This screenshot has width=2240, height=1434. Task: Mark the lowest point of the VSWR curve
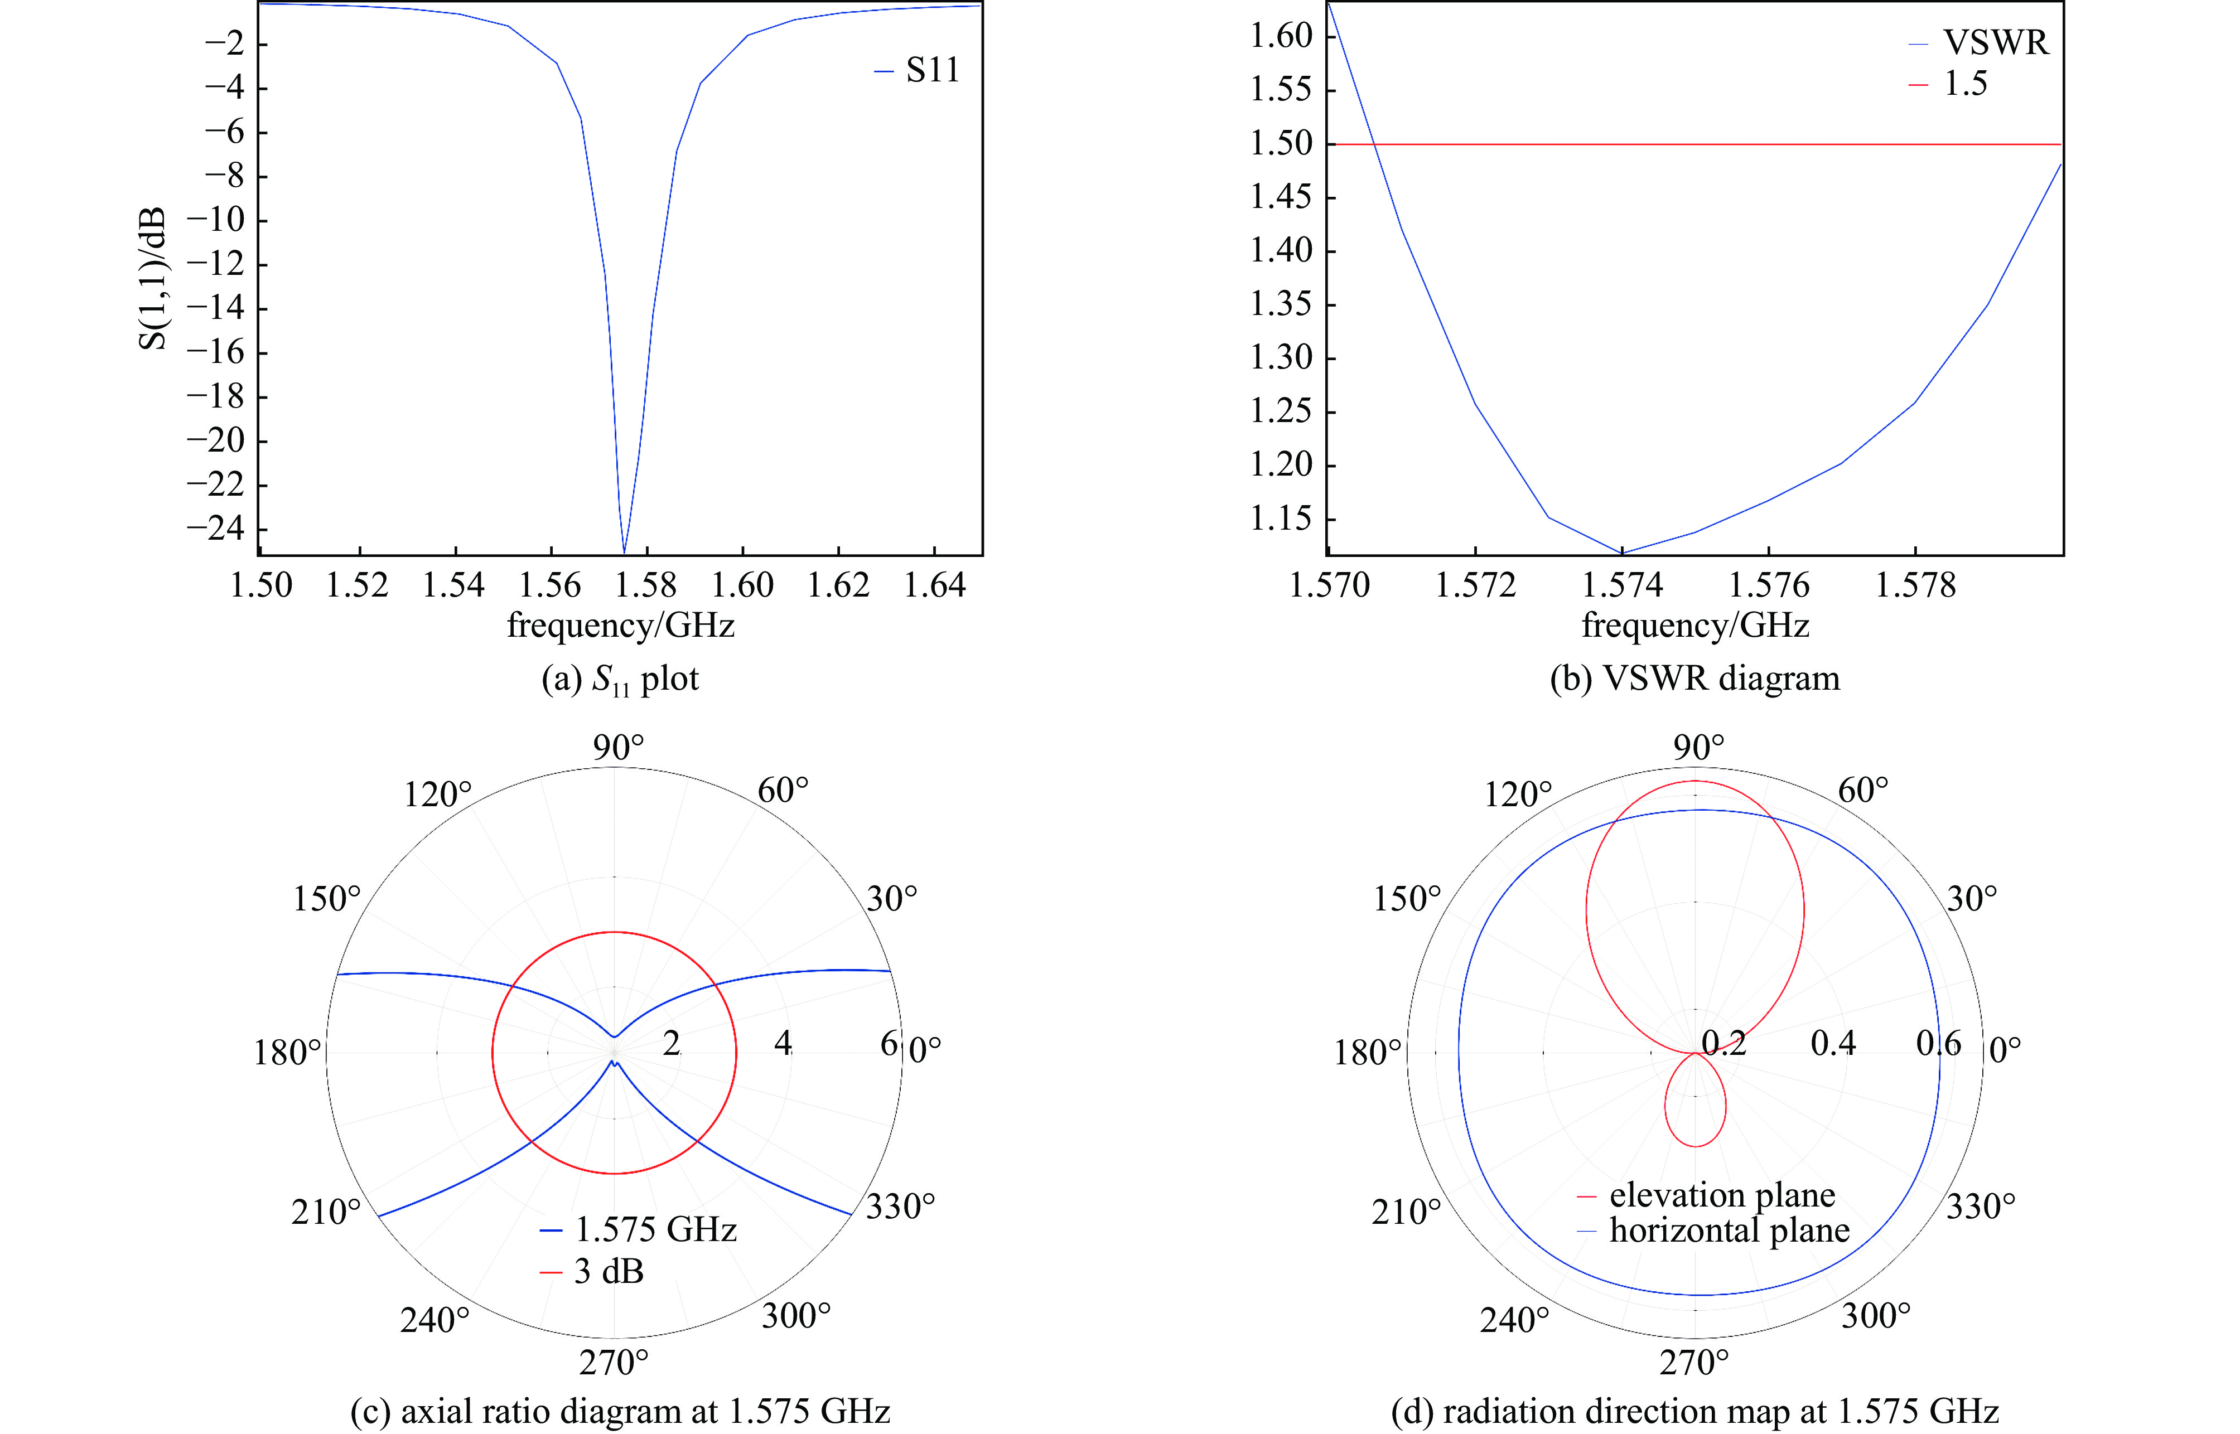pyautogui.click(x=1623, y=552)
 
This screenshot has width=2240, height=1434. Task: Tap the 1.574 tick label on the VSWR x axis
pyautogui.click(x=1623, y=586)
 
